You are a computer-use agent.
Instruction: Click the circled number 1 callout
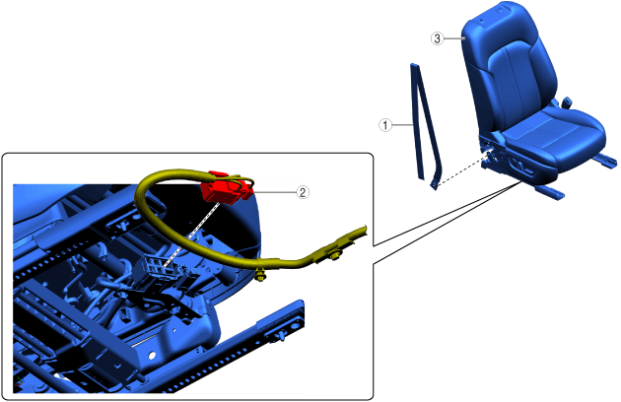(x=385, y=125)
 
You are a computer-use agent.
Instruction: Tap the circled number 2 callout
(x=303, y=192)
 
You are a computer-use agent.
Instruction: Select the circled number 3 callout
(x=438, y=38)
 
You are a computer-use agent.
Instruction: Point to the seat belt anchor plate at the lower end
(x=435, y=185)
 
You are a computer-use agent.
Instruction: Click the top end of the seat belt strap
(x=413, y=65)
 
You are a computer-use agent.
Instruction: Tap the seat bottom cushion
(x=554, y=137)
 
